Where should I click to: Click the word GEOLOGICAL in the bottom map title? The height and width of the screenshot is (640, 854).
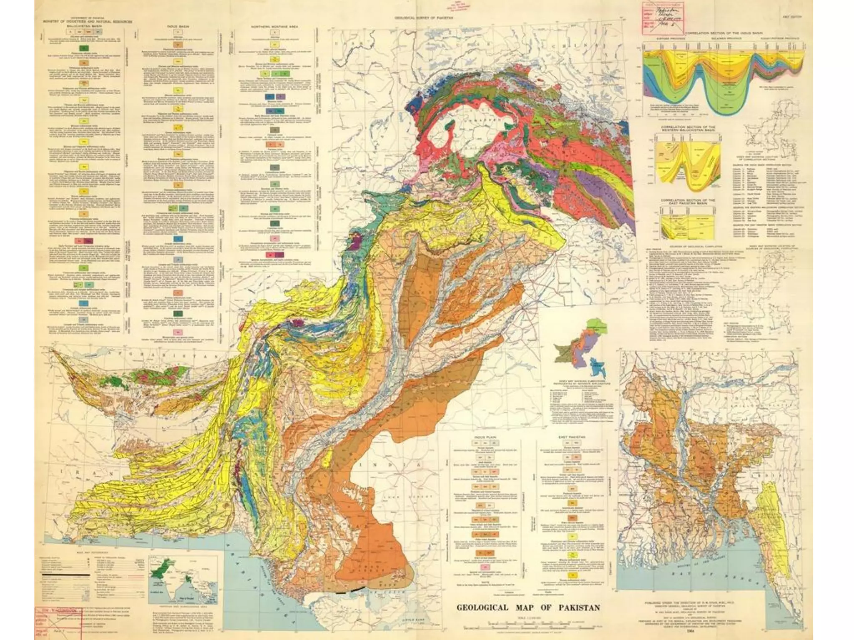coord(482,607)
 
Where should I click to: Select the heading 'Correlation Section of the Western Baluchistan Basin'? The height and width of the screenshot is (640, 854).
coord(688,129)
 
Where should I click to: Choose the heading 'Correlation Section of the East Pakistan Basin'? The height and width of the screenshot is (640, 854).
coord(688,202)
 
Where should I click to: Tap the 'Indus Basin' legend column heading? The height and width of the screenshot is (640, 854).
coord(178,26)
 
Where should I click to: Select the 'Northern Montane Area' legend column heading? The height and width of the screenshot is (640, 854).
coord(274,26)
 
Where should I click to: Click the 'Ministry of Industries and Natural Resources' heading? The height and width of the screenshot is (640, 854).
coord(87,21)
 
